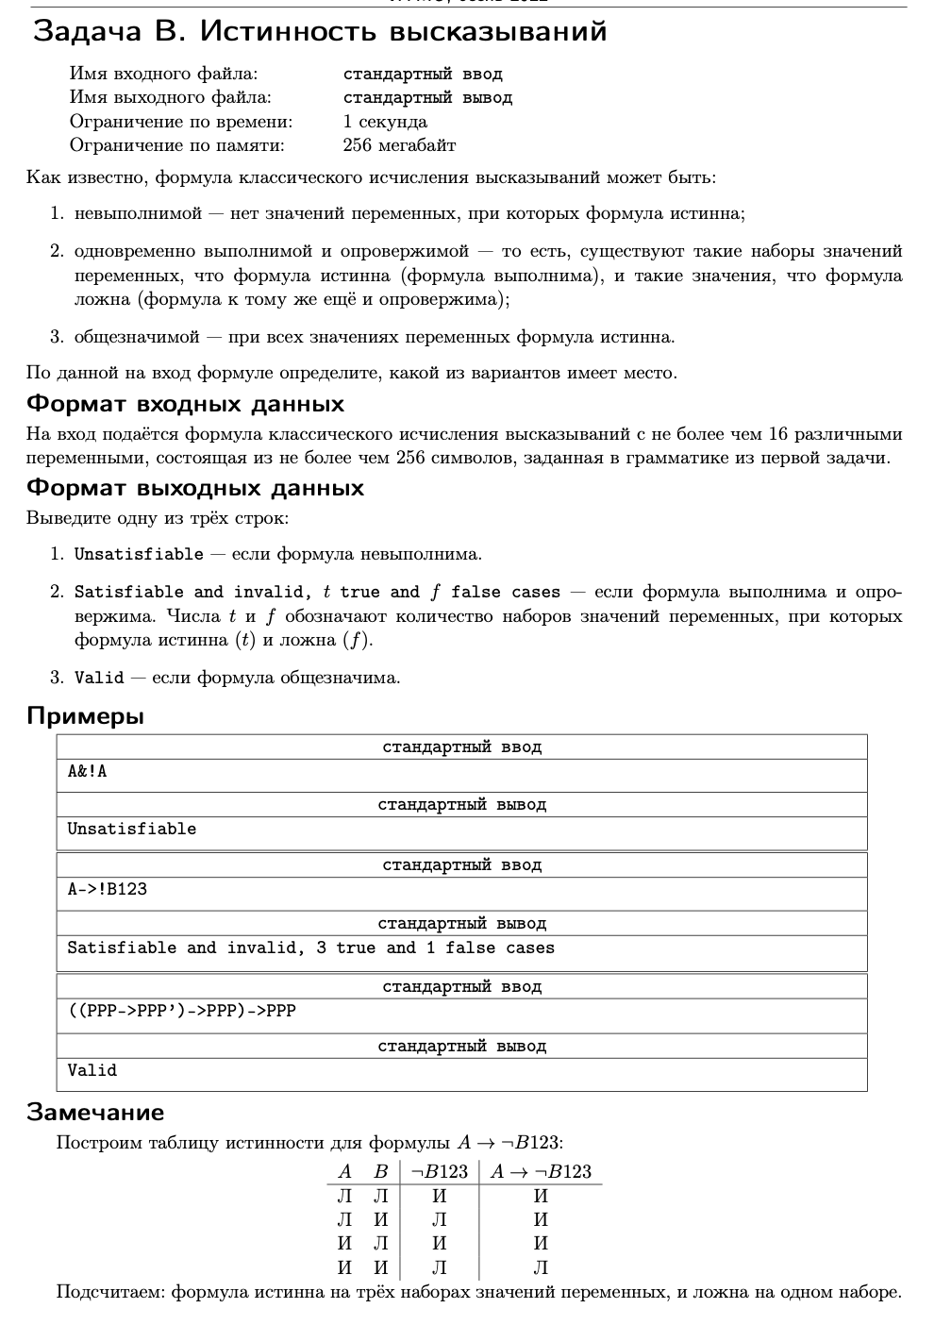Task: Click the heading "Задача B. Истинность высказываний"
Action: click(320, 32)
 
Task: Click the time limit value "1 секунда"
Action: click(385, 122)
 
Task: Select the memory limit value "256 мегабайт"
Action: click(399, 145)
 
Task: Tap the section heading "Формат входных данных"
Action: click(185, 405)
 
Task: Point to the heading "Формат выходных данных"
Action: click(194, 489)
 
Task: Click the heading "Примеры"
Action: click(85, 716)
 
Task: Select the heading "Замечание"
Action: click(94, 1113)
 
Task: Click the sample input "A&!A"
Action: click(87, 772)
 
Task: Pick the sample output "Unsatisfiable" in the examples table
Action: click(131, 830)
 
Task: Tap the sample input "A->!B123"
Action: click(107, 889)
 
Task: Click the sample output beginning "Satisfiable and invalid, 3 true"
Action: click(310, 948)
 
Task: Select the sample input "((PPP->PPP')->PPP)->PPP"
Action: click(181, 1011)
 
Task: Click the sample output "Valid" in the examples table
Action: click(92, 1070)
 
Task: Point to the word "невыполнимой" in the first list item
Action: click(138, 214)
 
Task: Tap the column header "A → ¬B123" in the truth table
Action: click(541, 1172)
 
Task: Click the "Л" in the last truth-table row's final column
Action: click(541, 1267)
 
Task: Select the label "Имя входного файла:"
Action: click(163, 74)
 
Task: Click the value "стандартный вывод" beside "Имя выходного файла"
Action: click(427, 98)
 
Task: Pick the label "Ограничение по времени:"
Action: click(181, 122)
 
